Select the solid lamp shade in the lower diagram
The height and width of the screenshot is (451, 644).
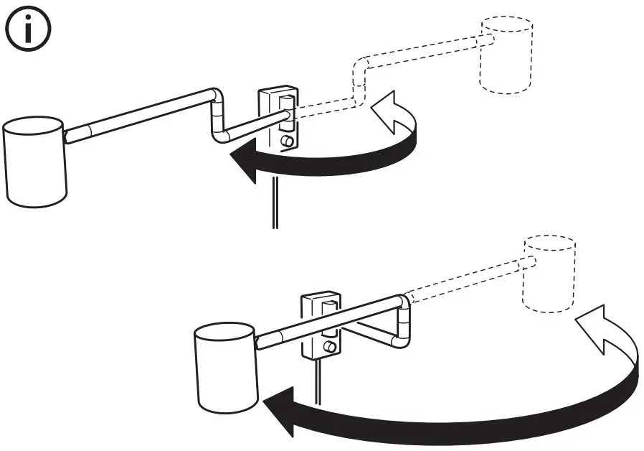pos(224,369)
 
